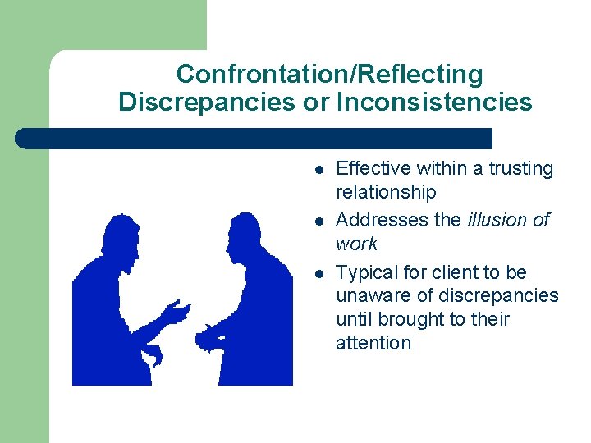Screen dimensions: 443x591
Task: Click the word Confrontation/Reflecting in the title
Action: (x=329, y=75)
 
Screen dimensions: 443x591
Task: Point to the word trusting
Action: (x=521, y=169)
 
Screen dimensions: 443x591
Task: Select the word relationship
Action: (x=386, y=193)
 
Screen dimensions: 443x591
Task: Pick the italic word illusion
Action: (x=496, y=220)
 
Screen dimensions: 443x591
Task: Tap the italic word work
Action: (x=356, y=244)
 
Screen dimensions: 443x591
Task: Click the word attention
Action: (x=373, y=343)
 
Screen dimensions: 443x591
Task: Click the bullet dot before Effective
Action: (x=318, y=170)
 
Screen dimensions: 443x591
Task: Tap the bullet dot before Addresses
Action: (x=318, y=221)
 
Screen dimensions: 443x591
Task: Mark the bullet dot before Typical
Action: (x=318, y=273)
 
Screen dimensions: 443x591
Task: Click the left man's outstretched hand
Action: (x=176, y=313)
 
